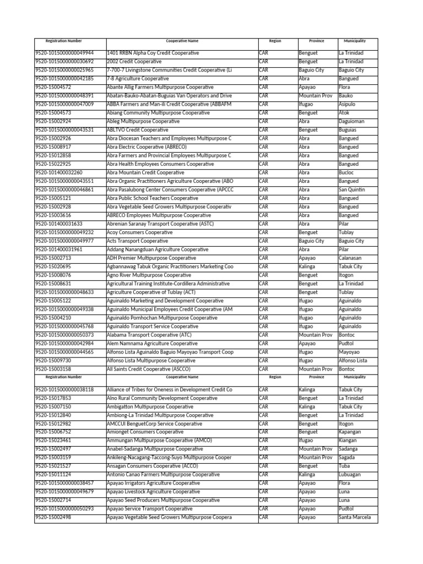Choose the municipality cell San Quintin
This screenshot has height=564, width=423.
pyautogui.click(x=351, y=189)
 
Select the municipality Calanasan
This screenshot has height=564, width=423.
pyautogui.click(x=350, y=258)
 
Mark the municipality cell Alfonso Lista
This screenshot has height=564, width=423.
pyautogui.click(x=353, y=360)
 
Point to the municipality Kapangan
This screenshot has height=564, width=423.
pyautogui.click(x=350, y=432)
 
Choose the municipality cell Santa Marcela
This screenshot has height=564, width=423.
pyautogui.click(x=355, y=518)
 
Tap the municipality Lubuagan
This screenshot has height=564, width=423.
pyautogui.click(x=350, y=475)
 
